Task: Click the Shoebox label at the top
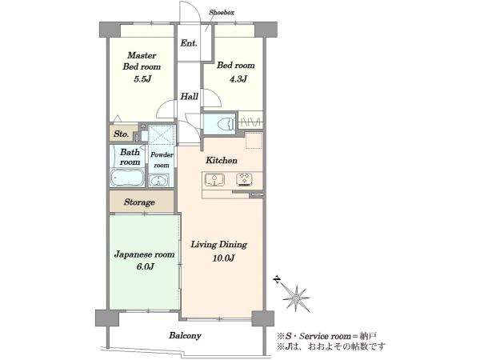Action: pos(222,13)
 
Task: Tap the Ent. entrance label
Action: pos(189,43)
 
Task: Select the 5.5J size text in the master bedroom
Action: pos(142,79)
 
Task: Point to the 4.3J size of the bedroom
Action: pos(238,79)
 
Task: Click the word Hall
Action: pos(189,97)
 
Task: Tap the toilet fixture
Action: pos(226,124)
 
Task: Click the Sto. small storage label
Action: pos(122,134)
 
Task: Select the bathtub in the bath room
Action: pos(127,178)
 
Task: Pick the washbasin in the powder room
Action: pos(158,180)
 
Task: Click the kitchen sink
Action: pos(214,179)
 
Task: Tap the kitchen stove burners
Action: pos(244,179)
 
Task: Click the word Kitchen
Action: pos(222,160)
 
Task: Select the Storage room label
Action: pos(139,202)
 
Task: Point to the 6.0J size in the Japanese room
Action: pos(145,266)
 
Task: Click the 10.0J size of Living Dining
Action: pos(223,258)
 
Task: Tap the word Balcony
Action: pos(185,335)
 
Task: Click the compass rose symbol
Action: pos(296,298)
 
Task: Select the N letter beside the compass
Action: pos(278,280)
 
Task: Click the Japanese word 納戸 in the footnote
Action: pos(368,336)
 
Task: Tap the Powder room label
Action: pos(162,160)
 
